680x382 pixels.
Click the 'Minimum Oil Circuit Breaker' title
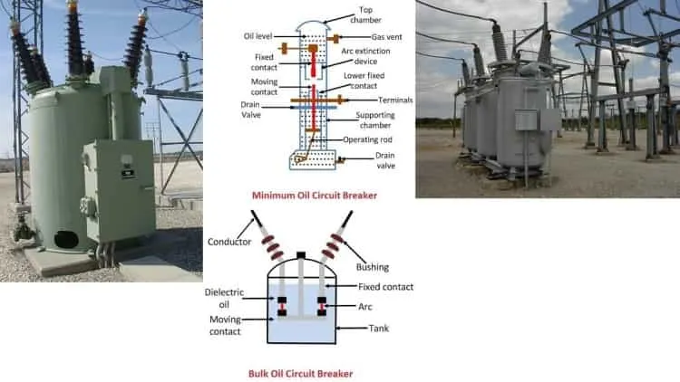coord(315,196)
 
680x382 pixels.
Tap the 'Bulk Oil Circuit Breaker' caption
coord(300,373)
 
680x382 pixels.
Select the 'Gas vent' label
coord(386,37)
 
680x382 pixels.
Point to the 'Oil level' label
coord(258,36)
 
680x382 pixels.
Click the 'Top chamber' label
coord(365,14)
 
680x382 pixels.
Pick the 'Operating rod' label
coord(367,139)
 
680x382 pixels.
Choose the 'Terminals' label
coord(395,100)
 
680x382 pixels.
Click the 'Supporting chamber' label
coord(375,120)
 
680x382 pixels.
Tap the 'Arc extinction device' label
coord(365,56)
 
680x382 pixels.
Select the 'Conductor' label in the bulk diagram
coord(229,242)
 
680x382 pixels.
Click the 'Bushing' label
coord(372,267)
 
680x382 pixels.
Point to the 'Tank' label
coord(379,329)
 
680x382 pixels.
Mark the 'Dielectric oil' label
coord(224,299)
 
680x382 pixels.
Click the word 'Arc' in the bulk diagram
coord(364,307)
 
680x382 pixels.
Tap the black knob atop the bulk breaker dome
coord(301,255)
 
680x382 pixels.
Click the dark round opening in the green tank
coord(66,240)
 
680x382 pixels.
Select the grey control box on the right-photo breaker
coord(526,119)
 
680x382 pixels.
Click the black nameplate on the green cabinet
coord(128,174)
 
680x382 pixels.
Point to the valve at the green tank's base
coord(23,230)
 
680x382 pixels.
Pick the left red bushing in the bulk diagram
coord(272,247)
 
